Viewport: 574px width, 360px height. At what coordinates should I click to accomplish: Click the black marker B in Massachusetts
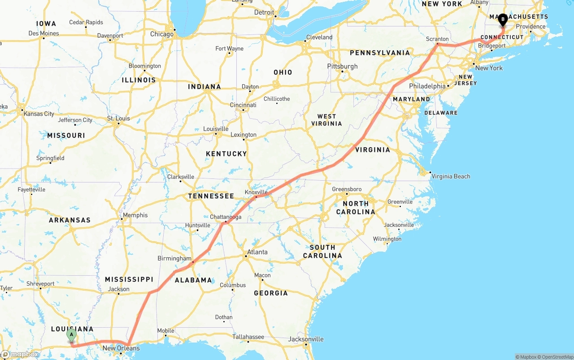503,19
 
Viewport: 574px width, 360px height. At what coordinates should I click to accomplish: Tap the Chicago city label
161,34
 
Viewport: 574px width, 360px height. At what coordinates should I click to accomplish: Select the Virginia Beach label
451,176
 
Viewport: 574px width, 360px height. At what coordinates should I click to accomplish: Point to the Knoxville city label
256,192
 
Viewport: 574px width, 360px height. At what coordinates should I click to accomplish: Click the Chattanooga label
226,217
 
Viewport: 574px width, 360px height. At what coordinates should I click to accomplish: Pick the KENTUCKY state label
226,154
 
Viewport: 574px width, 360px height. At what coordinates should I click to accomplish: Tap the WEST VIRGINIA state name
326,120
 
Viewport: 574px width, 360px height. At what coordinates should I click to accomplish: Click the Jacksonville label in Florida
305,339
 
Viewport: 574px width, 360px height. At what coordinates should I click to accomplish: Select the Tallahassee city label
248,337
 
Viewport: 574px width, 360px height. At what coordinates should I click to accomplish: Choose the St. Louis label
118,118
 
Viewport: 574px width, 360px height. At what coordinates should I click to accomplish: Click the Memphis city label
135,215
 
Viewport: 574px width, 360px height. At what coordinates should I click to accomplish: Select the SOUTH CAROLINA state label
322,252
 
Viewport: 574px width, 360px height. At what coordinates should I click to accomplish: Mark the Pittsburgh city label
342,66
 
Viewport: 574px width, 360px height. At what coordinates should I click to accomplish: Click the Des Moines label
43,33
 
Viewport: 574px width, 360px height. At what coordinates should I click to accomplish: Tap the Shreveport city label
40,284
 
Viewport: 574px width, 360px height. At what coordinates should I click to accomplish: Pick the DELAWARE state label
441,113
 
